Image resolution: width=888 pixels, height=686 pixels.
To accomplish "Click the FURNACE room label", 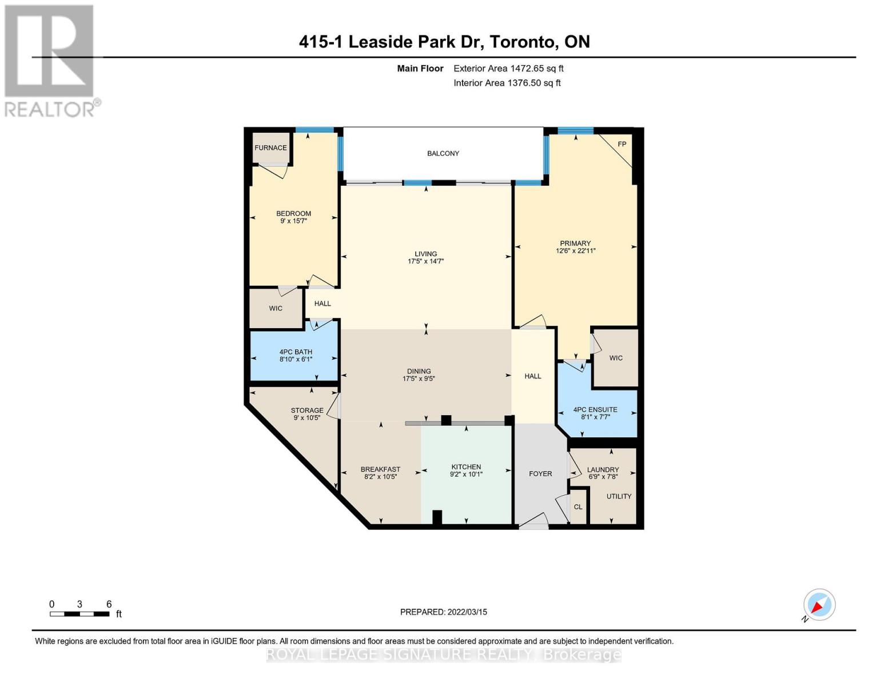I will pos(270,147).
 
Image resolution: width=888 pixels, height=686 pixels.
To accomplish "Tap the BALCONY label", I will pos(443,153).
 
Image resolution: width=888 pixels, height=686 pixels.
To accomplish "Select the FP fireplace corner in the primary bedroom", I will pos(622,144).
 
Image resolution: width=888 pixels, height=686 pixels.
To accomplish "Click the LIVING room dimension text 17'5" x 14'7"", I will pos(425,261).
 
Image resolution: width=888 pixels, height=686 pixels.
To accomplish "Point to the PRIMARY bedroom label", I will pos(575,243).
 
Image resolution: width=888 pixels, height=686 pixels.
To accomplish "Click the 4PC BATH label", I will pos(296,352).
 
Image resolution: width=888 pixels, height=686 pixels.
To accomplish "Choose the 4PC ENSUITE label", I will pos(595,409).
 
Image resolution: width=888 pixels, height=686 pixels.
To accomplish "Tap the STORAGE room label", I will pos(307,410).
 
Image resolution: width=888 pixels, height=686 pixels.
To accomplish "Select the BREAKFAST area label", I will pos(380,469).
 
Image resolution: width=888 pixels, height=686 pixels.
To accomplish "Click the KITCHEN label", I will pos(466,466).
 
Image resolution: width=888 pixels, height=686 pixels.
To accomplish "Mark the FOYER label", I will pos(540,473).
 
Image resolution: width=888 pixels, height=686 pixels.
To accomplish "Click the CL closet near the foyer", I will pos(578,507).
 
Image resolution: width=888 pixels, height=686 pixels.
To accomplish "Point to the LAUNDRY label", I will pos(603,469).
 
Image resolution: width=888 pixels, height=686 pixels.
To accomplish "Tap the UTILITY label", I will pos(619,496).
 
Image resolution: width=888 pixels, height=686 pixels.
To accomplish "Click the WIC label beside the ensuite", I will pos(616,358).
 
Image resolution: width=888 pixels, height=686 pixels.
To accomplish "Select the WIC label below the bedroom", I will pos(276,308).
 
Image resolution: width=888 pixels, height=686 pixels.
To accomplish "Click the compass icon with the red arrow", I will pos(819,605).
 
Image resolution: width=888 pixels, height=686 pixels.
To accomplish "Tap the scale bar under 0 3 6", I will pos(79,614).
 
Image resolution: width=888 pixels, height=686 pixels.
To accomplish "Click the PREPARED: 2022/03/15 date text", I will pos(443,612).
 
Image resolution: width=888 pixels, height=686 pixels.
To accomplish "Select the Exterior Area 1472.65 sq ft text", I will pos(508,68).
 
